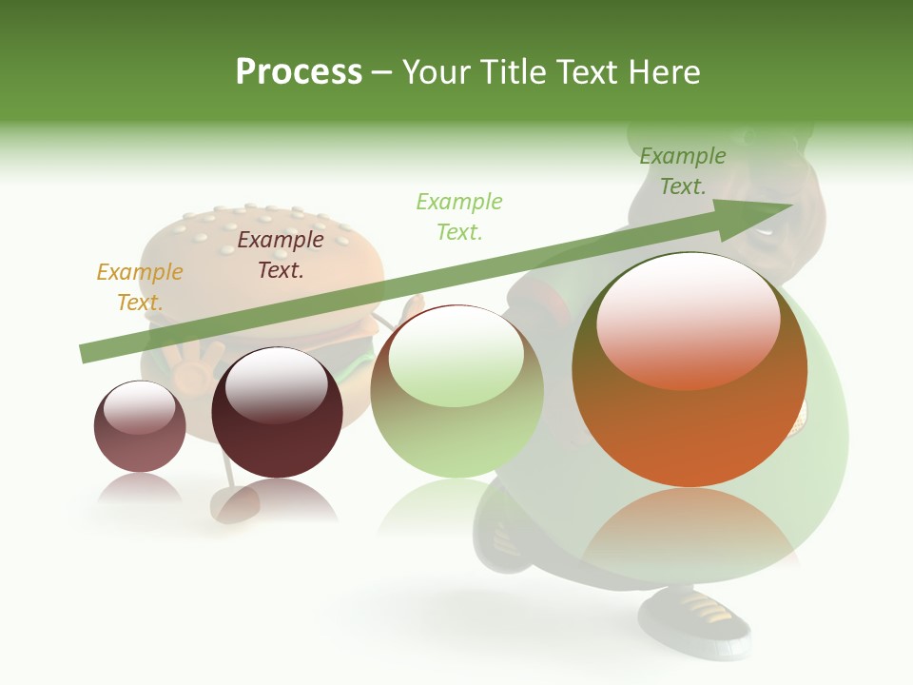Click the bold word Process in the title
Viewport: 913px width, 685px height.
point(299,72)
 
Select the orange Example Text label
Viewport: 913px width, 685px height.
point(140,287)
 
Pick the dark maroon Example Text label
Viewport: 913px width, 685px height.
point(281,255)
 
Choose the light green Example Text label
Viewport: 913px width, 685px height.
point(459,216)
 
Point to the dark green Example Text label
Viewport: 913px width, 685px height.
point(683,171)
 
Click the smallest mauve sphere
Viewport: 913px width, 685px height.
point(140,427)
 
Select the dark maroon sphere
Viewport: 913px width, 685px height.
point(277,414)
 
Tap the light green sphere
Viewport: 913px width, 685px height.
point(456,392)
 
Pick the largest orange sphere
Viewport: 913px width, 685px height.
point(690,419)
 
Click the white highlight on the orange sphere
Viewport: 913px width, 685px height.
point(688,319)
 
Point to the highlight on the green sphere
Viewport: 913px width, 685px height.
point(456,354)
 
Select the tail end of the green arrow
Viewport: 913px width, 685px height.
point(91,353)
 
